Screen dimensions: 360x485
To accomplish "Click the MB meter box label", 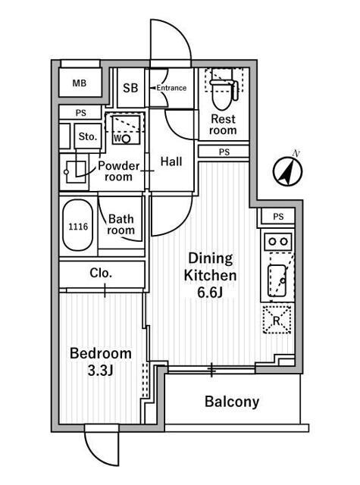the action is pos(79,83).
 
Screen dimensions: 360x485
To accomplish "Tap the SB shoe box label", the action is pos(130,88).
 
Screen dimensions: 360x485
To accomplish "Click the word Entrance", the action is pos(171,88).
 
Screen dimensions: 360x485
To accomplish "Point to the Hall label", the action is pos(171,161).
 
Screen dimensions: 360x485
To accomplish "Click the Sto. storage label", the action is pos(88,136).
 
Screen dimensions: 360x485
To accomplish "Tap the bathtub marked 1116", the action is pos(78,225).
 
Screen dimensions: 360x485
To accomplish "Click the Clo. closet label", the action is pos(101,273).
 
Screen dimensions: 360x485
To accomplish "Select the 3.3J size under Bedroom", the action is pos(100,371).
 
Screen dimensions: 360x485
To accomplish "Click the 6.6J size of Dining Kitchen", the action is pos(210,293).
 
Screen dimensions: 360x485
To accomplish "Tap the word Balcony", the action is pos(232,402).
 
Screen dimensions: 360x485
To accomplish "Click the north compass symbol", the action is pos(288,171).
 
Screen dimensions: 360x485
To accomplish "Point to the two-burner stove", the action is pos(277,241).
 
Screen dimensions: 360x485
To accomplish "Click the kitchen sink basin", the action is pos(277,280).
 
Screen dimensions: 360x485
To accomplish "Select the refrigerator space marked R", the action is pos(277,320).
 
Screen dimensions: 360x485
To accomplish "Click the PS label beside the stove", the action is pos(278,217).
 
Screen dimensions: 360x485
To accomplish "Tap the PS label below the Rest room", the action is pos(224,152).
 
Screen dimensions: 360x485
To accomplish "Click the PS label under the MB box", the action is pos(81,113).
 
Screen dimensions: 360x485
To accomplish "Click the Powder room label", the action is pos(119,171).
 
